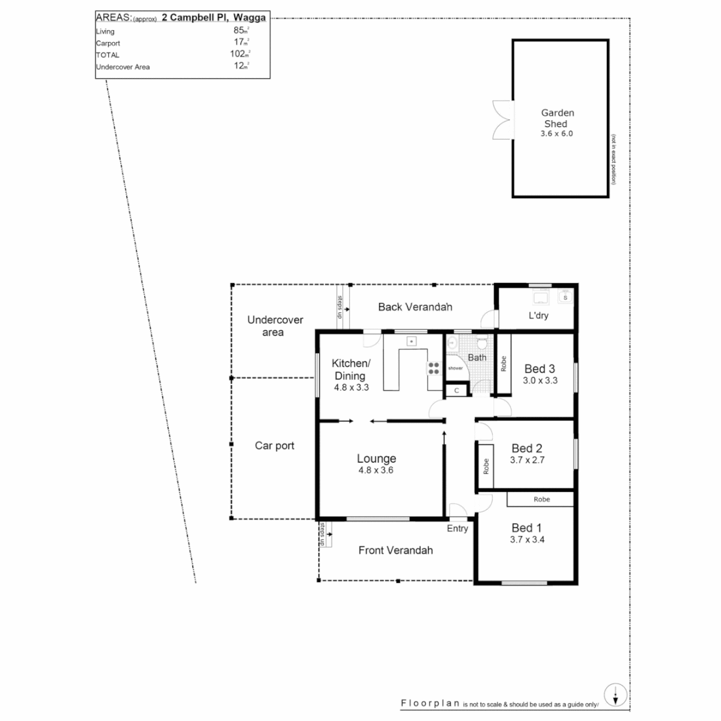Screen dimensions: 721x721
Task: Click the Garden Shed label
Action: (557, 118)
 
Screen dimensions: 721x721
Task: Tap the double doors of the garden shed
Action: (501, 120)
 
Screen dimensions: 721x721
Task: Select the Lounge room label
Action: (376, 459)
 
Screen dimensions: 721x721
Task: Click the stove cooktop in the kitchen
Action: (433, 370)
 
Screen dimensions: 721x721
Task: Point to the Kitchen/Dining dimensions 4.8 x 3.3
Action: (351, 387)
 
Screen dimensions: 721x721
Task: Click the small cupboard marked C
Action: (457, 390)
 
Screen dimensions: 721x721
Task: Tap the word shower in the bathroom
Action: (455, 368)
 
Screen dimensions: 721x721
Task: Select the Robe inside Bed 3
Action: (503, 363)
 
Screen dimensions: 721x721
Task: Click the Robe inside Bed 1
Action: (540, 499)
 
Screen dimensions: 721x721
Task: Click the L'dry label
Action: (538, 316)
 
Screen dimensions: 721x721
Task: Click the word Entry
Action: (457, 529)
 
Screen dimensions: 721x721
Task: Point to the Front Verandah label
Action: (395, 550)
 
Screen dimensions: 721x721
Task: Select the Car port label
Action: (274, 445)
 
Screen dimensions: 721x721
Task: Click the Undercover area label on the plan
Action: (275, 326)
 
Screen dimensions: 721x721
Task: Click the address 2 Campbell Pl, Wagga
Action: (214, 18)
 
